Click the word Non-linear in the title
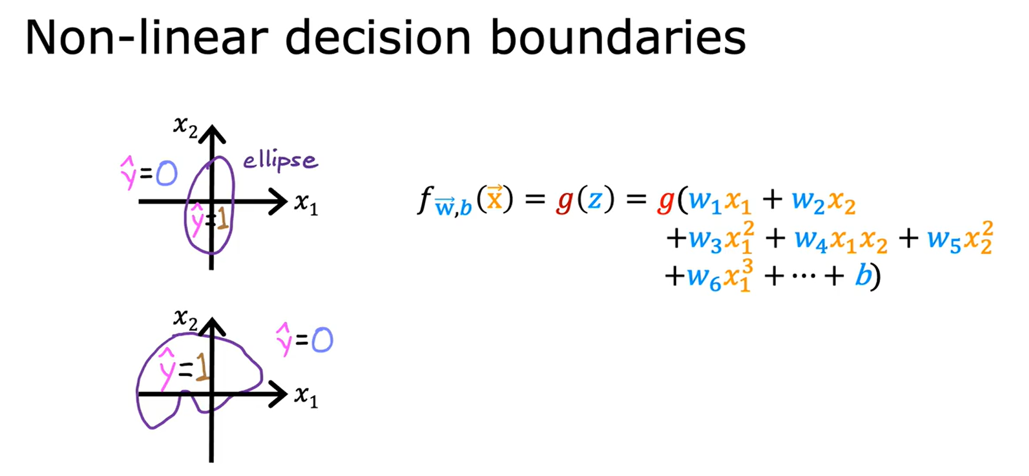[146, 38]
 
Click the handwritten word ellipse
[280, 160]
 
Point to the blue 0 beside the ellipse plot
[167, 174]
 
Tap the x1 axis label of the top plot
[306, 204]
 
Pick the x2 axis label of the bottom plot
[185, 319]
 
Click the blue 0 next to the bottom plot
[322, 340]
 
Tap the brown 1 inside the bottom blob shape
[202, 367]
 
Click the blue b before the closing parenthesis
[863, 275]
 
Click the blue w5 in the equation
[945, 239]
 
